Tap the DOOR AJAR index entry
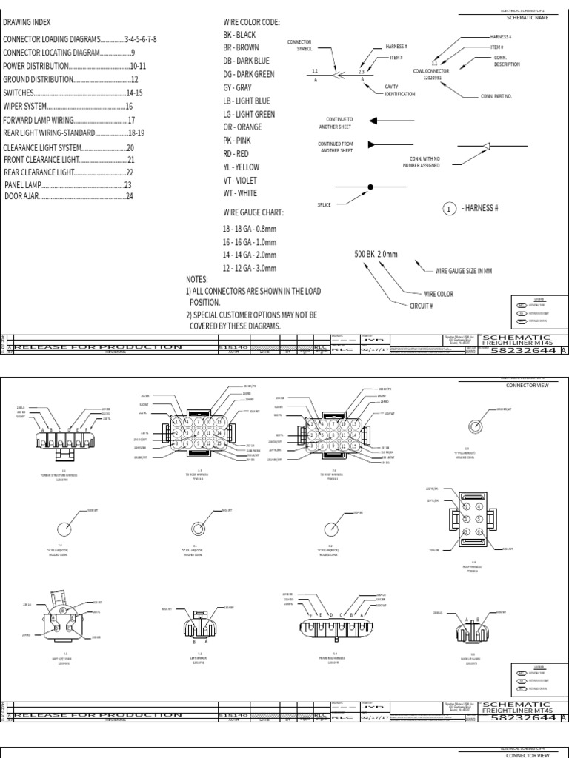[69, 196]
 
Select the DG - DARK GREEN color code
[249, 74]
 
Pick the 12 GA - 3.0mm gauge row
[250, 268]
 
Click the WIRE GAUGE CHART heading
[253, 212]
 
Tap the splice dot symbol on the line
[370, 188]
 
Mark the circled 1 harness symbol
[449, 209]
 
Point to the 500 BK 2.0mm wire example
[376, 255]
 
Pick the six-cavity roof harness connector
[468, 520]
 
